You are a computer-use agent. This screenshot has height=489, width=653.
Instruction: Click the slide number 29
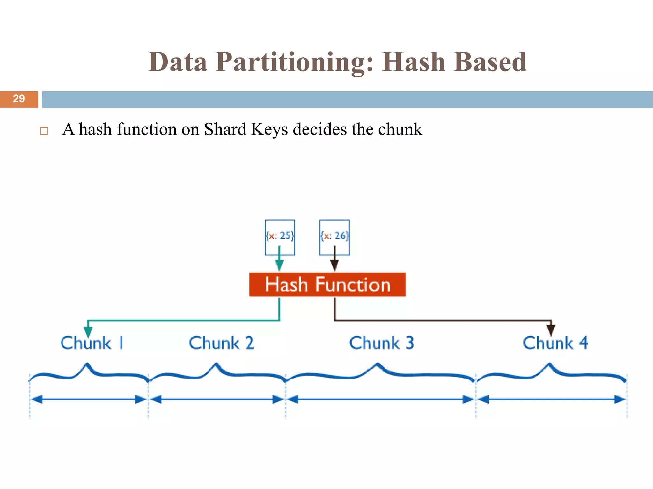click(x=19, y=99)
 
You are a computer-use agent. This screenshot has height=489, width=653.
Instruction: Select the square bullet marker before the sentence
click(x=44, y=131)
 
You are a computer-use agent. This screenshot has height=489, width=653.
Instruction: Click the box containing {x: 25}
click(x=280, y=237)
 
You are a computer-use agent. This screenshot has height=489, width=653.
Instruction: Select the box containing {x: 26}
click(x=334, y=237)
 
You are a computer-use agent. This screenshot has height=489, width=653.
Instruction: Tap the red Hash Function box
click(x=327, y=284)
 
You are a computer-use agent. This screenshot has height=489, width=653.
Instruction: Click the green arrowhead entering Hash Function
click(x=279, y=265)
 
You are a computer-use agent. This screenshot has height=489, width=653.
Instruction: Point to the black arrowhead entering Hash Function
click(x=334, y=265)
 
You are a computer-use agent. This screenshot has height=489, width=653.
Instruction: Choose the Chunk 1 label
click(x=92, y=343)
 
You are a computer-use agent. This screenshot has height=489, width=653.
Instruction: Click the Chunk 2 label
click(x=221, y=343)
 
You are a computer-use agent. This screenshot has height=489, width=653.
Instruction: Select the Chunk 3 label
click(x=381, y=343)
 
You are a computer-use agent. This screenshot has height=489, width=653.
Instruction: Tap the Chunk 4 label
click(x=555, y=343)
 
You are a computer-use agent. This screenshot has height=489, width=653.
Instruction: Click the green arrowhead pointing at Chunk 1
click(x=88, y=332)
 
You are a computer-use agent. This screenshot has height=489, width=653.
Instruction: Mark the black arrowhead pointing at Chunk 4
click(x=551, y=330)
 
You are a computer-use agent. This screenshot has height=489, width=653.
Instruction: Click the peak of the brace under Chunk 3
click(x=377, y=364)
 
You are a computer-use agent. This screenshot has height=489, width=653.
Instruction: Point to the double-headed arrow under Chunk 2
click(x=217, y=399)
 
